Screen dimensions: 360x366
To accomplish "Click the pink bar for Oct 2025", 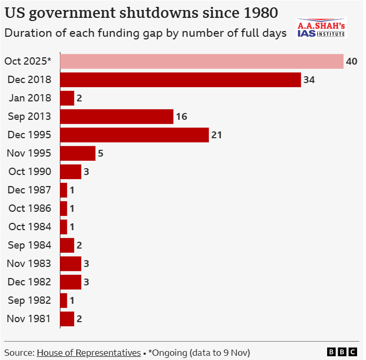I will (202, 61).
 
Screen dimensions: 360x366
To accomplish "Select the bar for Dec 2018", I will (180, 80).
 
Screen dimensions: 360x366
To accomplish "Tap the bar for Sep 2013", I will (117, 117).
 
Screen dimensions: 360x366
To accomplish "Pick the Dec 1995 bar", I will (134, 135).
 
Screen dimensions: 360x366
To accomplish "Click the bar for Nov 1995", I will (78, 153).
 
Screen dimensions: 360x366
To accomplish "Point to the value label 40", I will (351, 61).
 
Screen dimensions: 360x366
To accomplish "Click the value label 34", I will (309, 80).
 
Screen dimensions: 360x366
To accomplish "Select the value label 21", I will (216, 135).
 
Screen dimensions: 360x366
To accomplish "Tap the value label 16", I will (181, 117).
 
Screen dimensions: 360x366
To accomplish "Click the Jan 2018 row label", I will (30, 98).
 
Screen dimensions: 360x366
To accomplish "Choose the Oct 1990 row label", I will (30, 172).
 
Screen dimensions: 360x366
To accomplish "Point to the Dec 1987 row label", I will (29, 190).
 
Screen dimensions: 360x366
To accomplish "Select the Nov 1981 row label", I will (29, 318).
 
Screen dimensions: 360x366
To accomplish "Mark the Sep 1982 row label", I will (30, 300).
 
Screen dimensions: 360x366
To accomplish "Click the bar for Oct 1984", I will (64, 227).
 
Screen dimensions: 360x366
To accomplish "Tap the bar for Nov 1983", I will (70, 263).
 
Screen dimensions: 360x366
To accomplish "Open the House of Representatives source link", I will (88, 352).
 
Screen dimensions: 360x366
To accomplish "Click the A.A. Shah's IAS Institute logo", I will (321, 29).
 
